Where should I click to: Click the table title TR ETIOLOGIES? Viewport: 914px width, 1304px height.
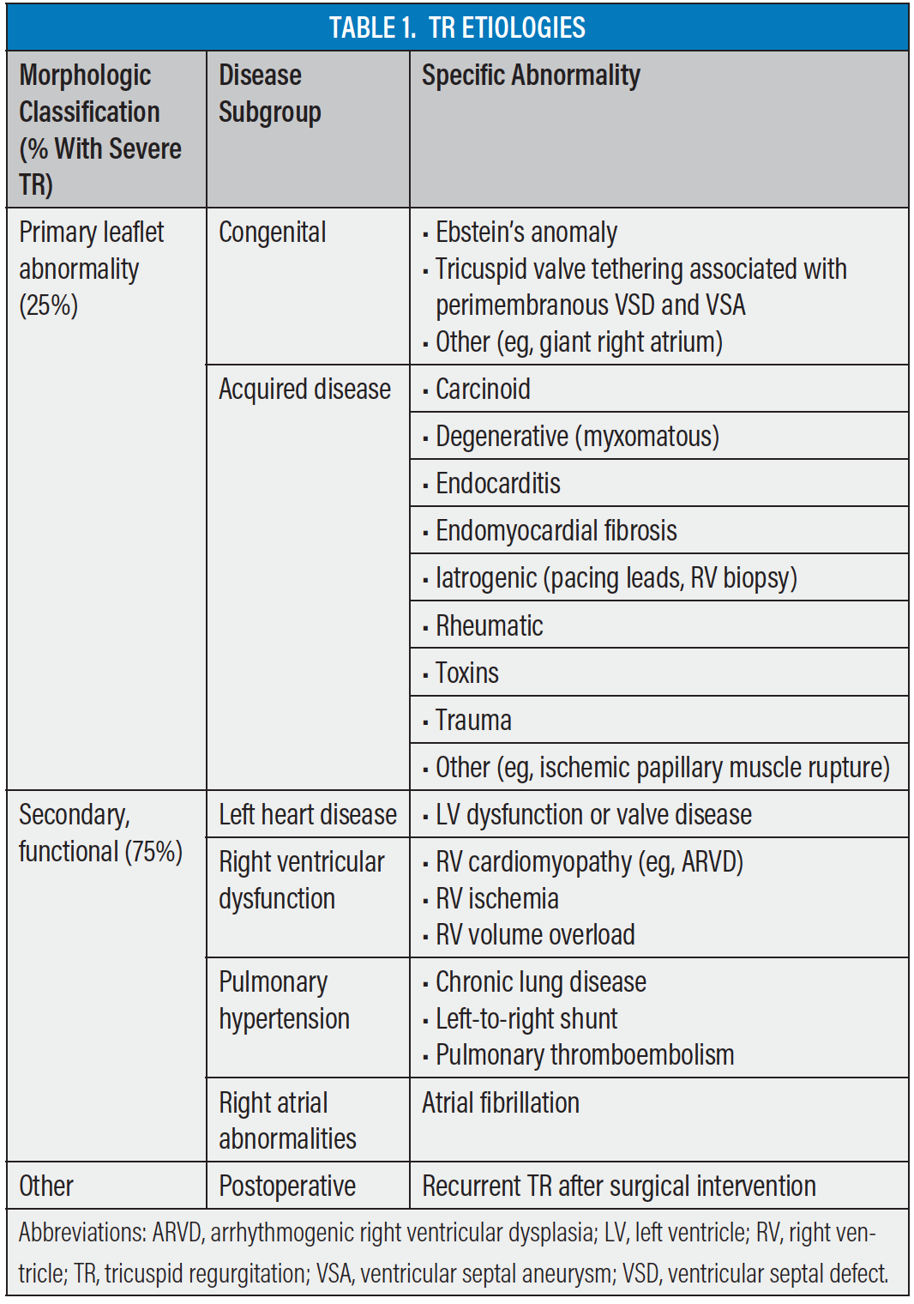[457, 27]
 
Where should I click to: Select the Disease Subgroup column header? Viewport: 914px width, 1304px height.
[269, 94]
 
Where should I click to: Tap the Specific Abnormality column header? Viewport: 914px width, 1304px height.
[531, 75]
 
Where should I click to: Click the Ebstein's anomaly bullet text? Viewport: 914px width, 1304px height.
[526, 232]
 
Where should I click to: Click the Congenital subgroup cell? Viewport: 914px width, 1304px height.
[272, 232]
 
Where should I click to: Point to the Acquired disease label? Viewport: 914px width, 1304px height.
[304, 389]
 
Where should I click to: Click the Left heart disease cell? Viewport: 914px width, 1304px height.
[307, 815]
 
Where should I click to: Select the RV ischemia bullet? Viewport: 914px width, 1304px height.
[496, 899]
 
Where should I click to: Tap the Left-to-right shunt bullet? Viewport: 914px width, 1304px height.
[526, 1019]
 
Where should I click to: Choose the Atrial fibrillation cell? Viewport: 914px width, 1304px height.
[501, 1103]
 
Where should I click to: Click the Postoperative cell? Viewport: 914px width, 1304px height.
[286, 1186]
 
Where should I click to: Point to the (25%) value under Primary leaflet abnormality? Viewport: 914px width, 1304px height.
[49, 305]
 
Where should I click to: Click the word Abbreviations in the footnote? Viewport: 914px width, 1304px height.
[81, 1233]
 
